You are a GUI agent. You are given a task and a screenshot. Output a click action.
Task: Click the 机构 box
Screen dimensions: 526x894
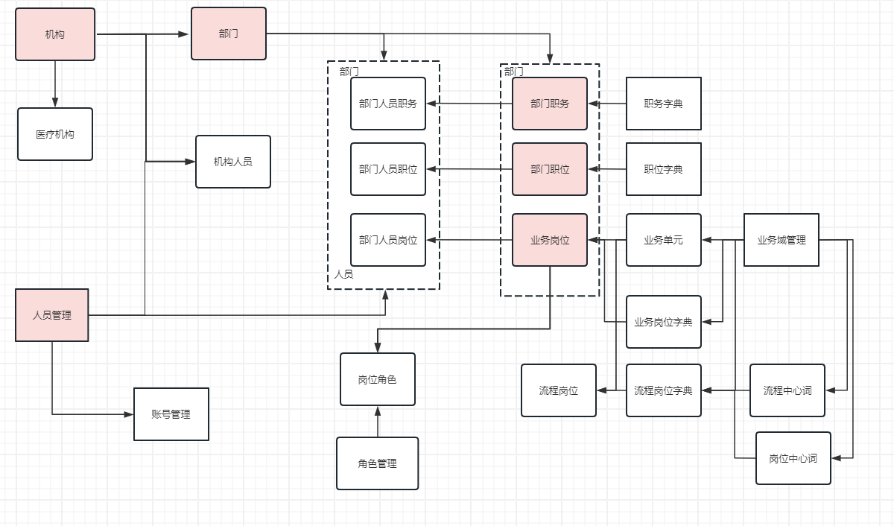click(55, 34)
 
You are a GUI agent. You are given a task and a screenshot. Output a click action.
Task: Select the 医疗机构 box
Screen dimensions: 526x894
click(55, 134)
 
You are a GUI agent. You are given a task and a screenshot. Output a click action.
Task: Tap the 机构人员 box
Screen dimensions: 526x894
click(233, 162)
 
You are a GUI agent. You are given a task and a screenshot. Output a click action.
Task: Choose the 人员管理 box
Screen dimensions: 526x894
click(52, 315)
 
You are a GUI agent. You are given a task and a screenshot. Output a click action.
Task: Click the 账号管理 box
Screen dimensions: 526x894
click(171, 414)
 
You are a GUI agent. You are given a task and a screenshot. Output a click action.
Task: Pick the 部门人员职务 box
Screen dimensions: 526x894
click(388, 104)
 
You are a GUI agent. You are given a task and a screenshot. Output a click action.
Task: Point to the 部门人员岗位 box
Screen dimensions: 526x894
click(388, 240)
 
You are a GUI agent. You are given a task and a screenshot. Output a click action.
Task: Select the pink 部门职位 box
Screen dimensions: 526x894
click(550, 169)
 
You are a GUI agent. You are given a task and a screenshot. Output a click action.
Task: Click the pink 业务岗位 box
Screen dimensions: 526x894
click(550, 240)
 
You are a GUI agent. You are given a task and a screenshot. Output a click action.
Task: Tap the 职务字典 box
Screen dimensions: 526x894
click(664, 104)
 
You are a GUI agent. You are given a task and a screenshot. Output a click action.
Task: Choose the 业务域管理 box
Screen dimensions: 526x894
click(782, 240)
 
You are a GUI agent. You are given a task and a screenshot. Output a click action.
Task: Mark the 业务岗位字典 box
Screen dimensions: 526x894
click(664, 322)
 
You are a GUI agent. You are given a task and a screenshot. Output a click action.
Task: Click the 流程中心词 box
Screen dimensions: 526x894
click(787, 390)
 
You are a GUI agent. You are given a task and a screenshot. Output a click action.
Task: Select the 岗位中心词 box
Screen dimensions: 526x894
click(793, 458)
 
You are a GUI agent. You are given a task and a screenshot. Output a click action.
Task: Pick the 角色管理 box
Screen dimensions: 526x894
click(377, 463)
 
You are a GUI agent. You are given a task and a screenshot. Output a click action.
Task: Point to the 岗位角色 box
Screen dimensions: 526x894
click(378, 379)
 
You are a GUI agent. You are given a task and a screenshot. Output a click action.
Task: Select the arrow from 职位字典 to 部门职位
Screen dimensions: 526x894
click(606, 169)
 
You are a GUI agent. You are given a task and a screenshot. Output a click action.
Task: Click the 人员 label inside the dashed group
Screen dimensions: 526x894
click(343, 274)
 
